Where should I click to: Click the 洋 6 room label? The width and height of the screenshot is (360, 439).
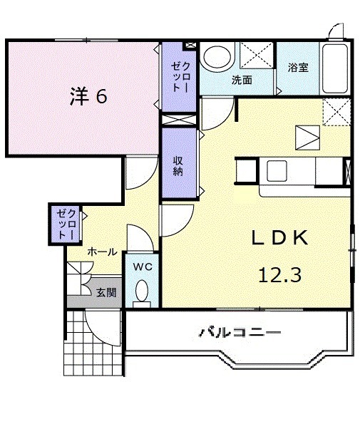(88, 97)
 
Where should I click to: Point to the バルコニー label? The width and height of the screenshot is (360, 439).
(239, 332)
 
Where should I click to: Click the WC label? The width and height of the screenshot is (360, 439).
(142, 267)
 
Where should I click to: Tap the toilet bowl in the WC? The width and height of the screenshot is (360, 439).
(142, 291)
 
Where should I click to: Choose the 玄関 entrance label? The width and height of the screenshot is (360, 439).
(107, 291)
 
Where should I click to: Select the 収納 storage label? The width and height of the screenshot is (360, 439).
(178, 165)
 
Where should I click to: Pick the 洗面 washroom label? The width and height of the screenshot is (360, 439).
(241, 81)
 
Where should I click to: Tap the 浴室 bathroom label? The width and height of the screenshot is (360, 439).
(298, 68)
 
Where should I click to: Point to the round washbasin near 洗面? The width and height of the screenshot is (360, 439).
(217, 57)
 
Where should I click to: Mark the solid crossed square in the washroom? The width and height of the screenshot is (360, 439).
(256, 56)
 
